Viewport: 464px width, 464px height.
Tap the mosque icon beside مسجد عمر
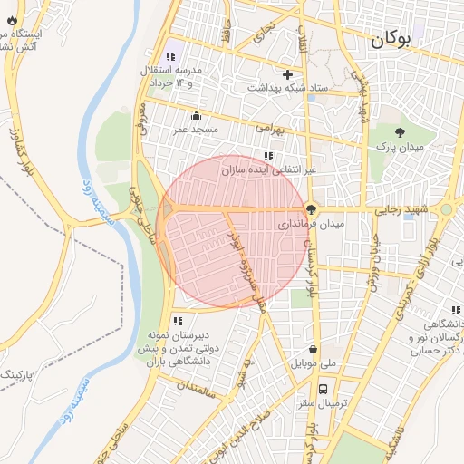pyautogui.click(x=197, y=115)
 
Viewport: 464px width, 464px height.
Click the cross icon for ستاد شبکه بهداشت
pyautogui.click(x=288, y=74)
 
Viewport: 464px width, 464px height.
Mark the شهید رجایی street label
pyautogui.click(x=413, y=208)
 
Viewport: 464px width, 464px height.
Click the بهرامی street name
pyautogui.click(x=269, y=130)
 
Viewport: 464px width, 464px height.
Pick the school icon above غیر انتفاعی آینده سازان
pyautogui.click(x=268, y=155)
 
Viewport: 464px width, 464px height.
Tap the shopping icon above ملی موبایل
pyautogui.click(x=314, y=349)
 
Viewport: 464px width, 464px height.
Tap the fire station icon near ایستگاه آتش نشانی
pyautogui.click(x=10, y=19)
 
